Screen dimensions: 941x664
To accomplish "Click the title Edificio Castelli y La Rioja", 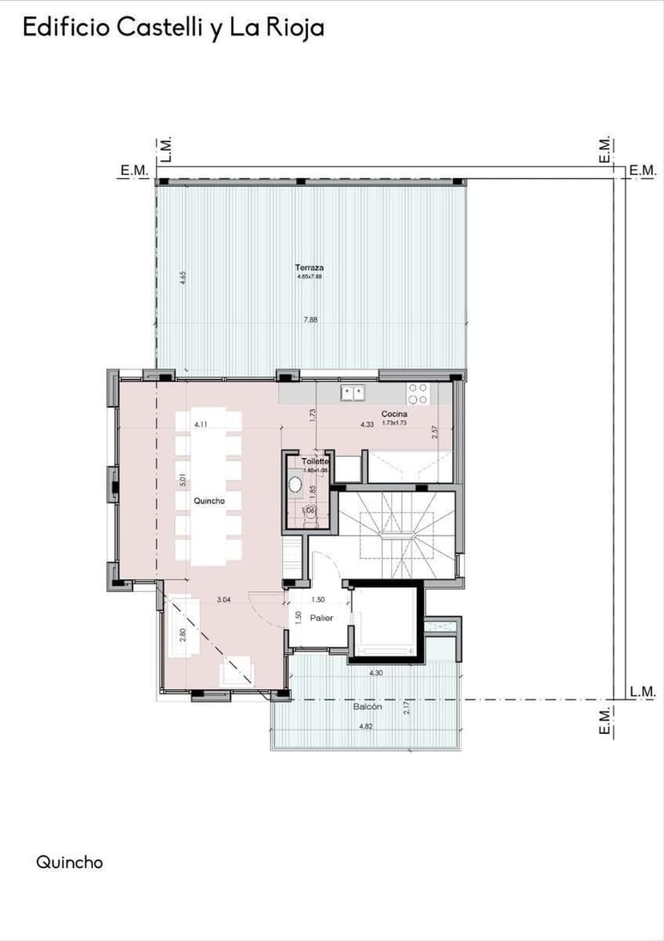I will [173, 28].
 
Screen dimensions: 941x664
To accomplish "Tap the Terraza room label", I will [309, 267].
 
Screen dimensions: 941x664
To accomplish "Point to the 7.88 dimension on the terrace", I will [310, 320].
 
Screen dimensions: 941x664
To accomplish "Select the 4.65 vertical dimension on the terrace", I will [183, 278].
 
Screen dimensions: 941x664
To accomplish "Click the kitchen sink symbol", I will [352, 393].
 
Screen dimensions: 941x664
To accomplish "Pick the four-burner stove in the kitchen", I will [418, 393].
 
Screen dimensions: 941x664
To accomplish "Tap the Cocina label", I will [394, 414].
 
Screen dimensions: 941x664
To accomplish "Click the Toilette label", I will [315, 462].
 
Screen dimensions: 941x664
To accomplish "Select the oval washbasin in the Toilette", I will [295, 485].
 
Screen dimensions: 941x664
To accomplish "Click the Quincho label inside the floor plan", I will [209, 500].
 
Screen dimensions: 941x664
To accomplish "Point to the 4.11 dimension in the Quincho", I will [202, 424].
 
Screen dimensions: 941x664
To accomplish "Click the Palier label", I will [322, 618].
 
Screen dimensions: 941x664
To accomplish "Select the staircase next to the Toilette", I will [396, 533].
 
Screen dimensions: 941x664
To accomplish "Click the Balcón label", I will [367, 707].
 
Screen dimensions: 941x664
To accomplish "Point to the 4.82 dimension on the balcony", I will [365, 726].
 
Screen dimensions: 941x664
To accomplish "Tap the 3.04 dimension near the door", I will [225, 599].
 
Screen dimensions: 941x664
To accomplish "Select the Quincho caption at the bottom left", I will [70, 862].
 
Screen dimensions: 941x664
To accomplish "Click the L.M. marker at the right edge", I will [642, 692].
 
